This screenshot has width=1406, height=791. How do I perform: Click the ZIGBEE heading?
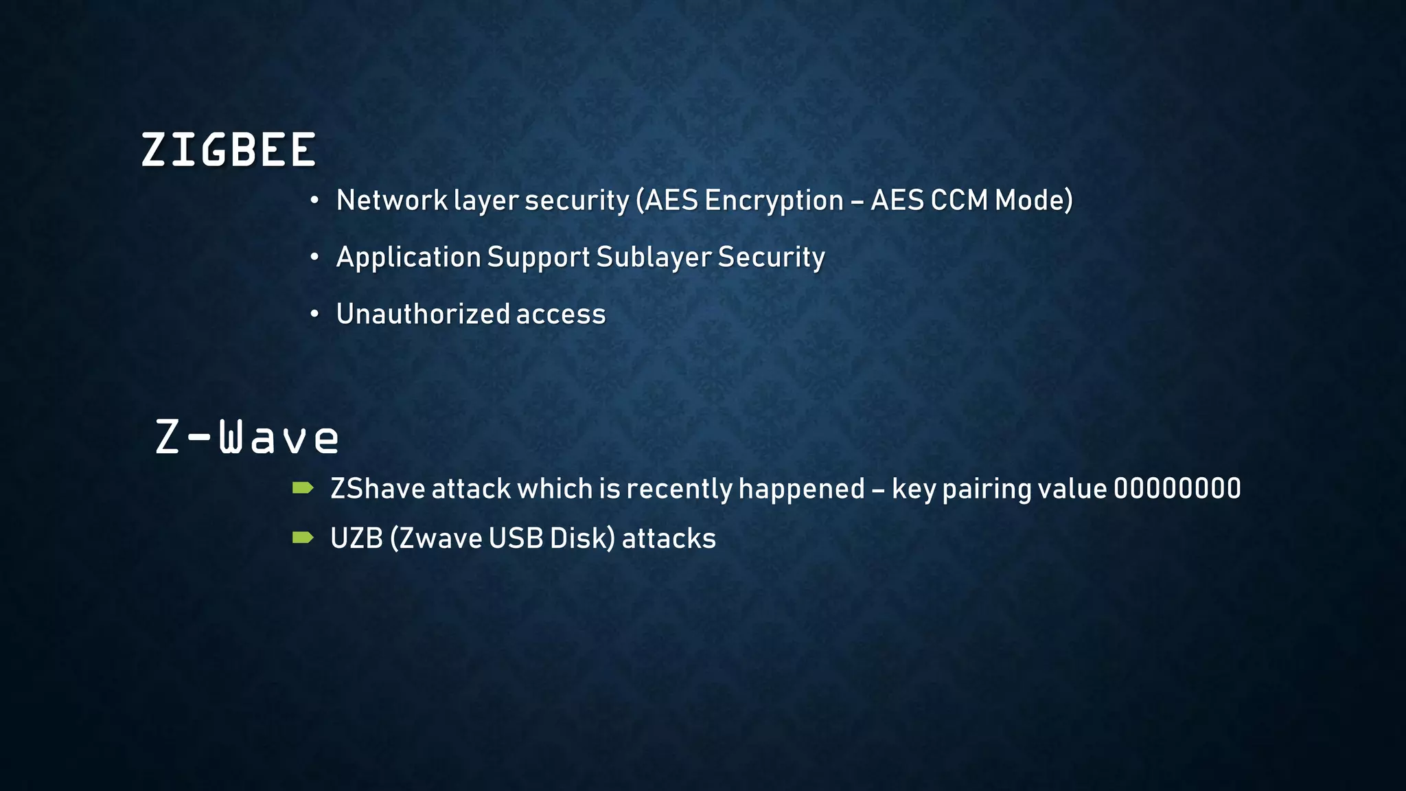228,150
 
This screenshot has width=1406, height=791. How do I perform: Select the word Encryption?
774,200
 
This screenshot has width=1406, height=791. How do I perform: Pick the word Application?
408,257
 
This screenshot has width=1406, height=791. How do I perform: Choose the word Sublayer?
654,257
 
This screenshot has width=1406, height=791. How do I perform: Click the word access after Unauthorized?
561,314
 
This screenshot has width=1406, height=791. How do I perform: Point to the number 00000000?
1177,489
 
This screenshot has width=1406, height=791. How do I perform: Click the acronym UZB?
356,538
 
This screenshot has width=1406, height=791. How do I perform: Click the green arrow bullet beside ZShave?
303,488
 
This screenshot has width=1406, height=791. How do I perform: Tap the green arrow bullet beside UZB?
303,538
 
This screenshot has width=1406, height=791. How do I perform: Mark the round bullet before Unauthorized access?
314,314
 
